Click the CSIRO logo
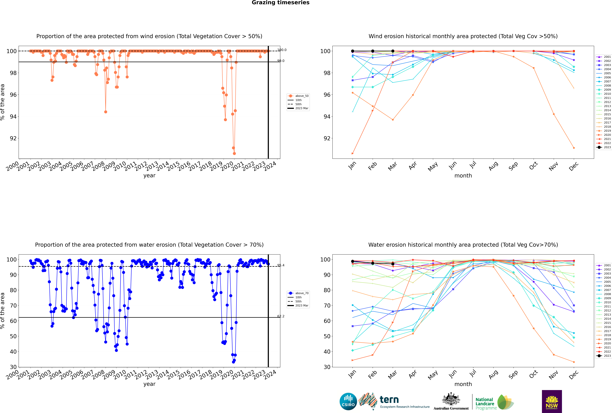[x=348, y=401]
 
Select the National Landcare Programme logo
[x=494, y=402]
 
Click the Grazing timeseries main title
[x=281, y=3]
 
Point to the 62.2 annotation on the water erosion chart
[x=281, y=316]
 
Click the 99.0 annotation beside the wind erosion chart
[x=281, y=61]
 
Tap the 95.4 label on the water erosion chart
[x=281, y=265]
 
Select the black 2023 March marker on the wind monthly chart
[x=393, y=51]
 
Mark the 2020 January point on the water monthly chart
[x=353, y=360]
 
